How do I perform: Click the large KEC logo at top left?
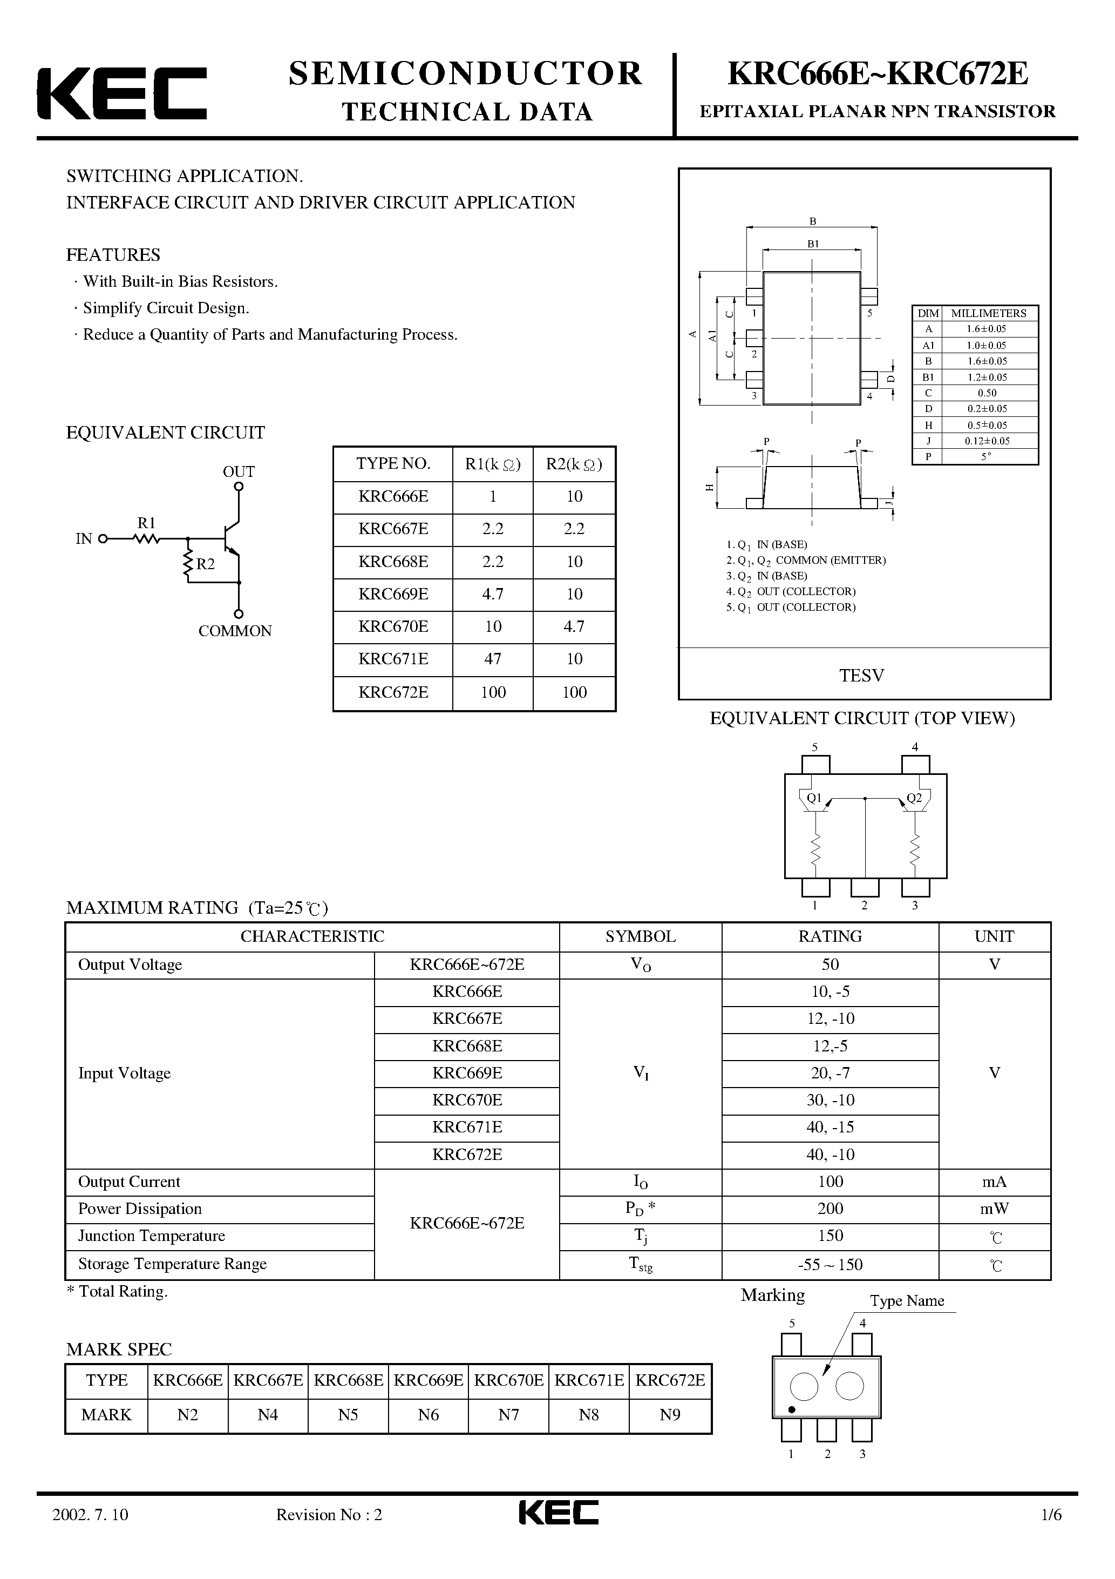coord(121,93)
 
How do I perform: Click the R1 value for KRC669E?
coord(492,594)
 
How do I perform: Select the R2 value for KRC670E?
coord(574,626)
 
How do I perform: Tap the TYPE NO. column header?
coord(392,463)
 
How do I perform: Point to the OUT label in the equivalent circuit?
coord(239,472)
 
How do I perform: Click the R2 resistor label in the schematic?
coord(205,564)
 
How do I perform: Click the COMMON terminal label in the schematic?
coord(235,631)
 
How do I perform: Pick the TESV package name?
coord(861,676)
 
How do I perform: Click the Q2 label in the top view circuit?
coord(914,798)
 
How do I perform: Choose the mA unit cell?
coord(994,1182)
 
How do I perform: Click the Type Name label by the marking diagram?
coord(907,1300)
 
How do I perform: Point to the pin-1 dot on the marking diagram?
coord(791,1410)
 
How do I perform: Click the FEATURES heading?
coord(113,255)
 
